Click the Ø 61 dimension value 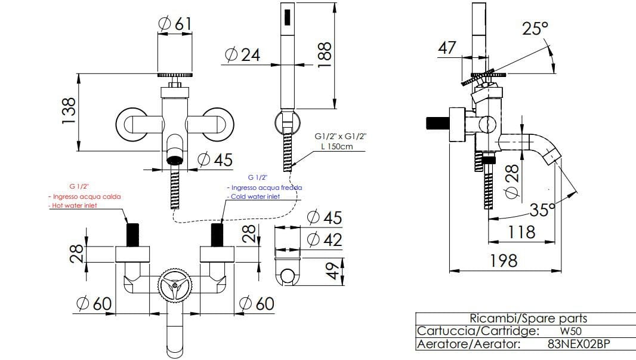pyautogui.click(x=175, y=23)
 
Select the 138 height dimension pyautogui.click(x=70, y=111)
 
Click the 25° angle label pyautogui.click(x=535, y=28)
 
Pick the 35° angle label pyautogui.click(x=542, y=210)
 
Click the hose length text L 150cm pyautogui.click(x=338, y=146)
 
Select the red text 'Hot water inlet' pyautogui.click(x=73, y=205)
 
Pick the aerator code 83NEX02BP pyautogui.click(x=578, y=344)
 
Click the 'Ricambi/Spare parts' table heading pyautogui.click(x=528, y=318)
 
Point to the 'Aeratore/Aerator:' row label pyautogui.click(x=469, y=344)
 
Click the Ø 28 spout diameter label pyautogui.click(x=512, y=183)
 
